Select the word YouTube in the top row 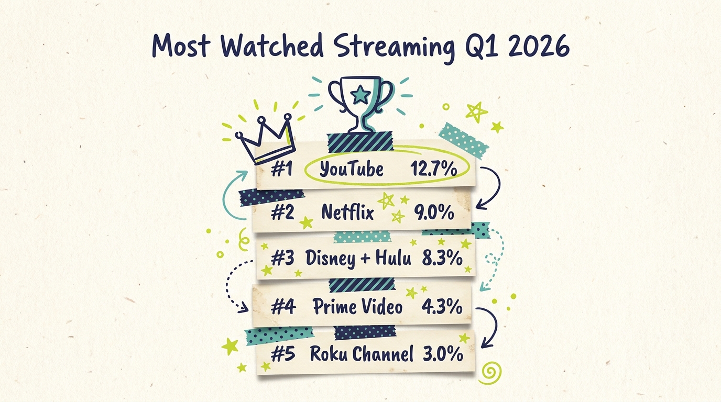click(351, 169)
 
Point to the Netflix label click(347, 213)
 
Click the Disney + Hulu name click(358, 258)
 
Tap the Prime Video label click(358, 306)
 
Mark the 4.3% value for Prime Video click(442, 306)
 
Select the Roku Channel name click(362, 354)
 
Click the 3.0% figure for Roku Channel click(443, 354)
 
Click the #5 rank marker click(283, 354)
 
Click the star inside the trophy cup click(360, 95)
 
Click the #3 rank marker click(283, 258)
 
